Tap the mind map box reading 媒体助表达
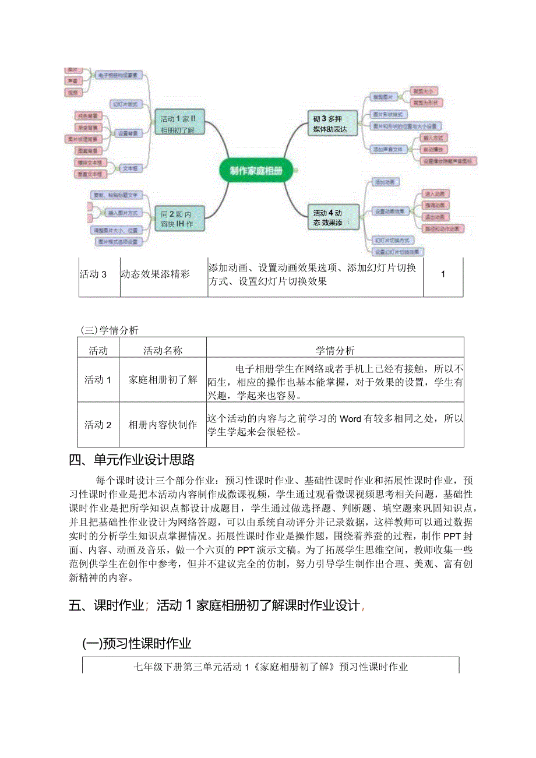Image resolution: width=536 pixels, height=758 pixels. pos(330,124)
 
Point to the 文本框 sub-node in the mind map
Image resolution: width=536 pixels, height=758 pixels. pos(130,168)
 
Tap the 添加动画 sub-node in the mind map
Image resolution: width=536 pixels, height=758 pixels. pos(386,182)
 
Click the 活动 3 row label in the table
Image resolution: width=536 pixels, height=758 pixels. pos(93,274)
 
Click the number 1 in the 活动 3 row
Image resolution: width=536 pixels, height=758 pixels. pos(443,274)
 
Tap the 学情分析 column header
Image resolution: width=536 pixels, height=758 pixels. pos(335,351)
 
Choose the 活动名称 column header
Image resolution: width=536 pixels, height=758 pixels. pos(163,351)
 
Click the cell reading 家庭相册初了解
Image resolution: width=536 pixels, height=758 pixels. pos(163,380)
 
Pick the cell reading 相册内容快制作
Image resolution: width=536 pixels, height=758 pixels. pos(163,425)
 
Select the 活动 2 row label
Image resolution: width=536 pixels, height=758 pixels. pos(98,425)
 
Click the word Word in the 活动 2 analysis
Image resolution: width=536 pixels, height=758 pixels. pos(351,418)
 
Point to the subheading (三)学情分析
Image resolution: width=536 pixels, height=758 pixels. pos(110,330)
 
